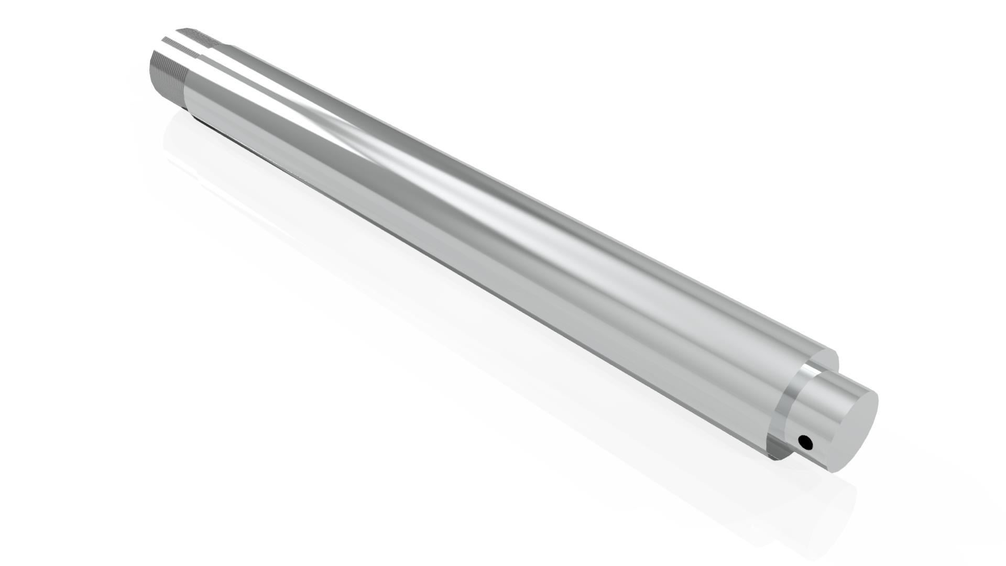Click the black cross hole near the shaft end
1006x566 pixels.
tap(805, 443)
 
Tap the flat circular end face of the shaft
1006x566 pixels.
tap(851, 430)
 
